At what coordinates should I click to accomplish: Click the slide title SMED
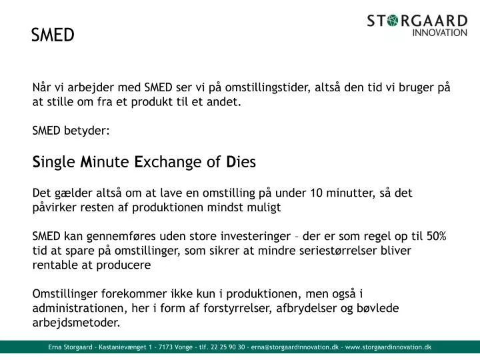[x=53, y=35]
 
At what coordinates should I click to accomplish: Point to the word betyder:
[x=87, y=131]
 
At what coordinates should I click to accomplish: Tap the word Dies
[x=241, y=162]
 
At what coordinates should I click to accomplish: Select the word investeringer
[x=255, y=237]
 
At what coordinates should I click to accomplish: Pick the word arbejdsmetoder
[x=77, y=323]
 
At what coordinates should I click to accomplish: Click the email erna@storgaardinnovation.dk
[x=294, y=347]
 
